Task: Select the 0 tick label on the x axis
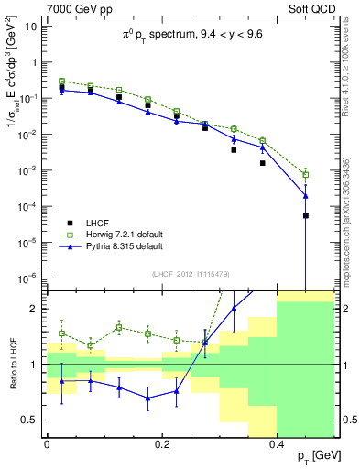click(47, 443)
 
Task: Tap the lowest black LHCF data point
click(306, 216)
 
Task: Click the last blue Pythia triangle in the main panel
click(306, 196)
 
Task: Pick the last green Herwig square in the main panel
click(306, 174)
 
